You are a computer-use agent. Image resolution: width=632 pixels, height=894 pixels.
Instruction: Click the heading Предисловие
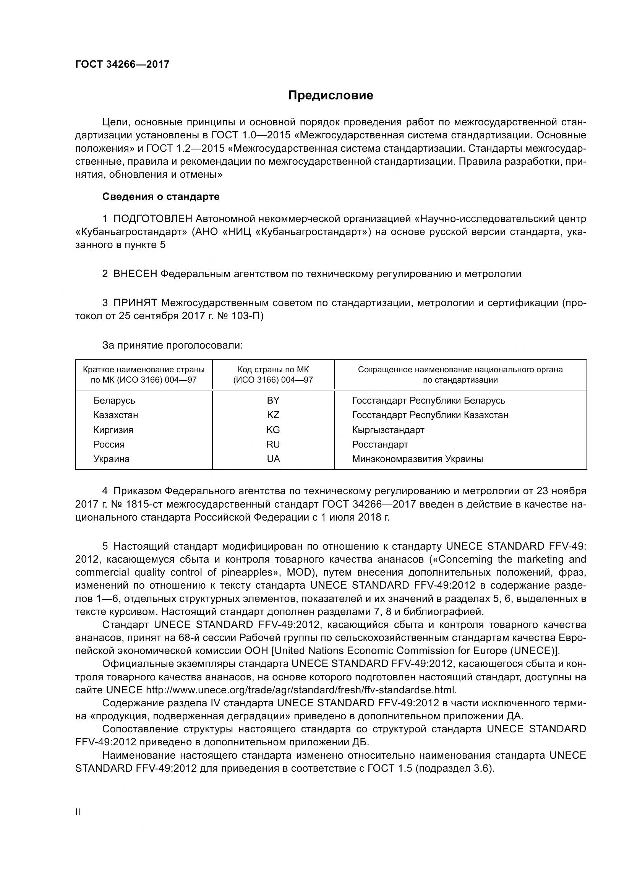point(331,96)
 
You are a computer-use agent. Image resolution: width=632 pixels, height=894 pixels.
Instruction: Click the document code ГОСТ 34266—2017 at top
point(122,64)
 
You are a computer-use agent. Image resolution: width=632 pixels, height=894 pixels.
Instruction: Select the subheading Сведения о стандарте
point(161,196)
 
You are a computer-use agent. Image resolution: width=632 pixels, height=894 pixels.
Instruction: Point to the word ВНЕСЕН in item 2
point(135,274)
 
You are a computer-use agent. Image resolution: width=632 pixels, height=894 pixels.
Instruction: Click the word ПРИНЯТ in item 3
point(135,303)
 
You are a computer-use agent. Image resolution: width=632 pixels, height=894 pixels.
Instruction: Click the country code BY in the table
point(273,400)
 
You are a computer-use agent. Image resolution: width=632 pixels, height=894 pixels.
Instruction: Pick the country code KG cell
point(273,430)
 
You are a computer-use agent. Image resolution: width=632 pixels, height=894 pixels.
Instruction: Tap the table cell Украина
point(111,459)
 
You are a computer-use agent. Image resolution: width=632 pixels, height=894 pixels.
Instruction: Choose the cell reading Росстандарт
point(380,444)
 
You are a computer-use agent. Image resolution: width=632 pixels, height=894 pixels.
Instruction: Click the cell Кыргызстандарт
point(388,430)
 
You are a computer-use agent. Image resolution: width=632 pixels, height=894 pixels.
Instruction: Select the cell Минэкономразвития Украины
point(417,459)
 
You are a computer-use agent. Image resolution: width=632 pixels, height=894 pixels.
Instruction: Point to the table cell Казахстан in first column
point(115,415)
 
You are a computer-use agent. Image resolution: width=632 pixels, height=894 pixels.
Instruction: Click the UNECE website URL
point(300,690)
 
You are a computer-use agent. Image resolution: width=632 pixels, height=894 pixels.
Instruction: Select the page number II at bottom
point(78,812)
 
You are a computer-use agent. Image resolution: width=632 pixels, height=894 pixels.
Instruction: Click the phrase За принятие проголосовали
point(172,346)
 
